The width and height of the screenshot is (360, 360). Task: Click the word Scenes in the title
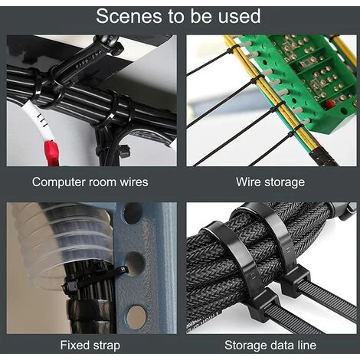[129, 16]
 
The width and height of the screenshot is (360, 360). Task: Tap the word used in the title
[240, 16]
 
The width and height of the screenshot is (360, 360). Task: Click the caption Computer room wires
[90, 182]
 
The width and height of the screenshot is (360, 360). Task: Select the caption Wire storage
[270, 182]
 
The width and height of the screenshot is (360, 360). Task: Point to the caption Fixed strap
[90, 345]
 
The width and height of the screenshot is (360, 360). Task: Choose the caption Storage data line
[270, 345]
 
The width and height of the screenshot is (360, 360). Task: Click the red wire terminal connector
[52, 152]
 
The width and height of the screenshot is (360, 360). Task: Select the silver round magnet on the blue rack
[136, 317]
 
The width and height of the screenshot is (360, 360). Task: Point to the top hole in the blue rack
[133, 213]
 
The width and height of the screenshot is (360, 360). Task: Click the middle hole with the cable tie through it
[135, 264]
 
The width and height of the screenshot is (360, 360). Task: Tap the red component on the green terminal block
[330, 103]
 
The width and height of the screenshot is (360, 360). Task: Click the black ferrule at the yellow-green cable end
[322, 155]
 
